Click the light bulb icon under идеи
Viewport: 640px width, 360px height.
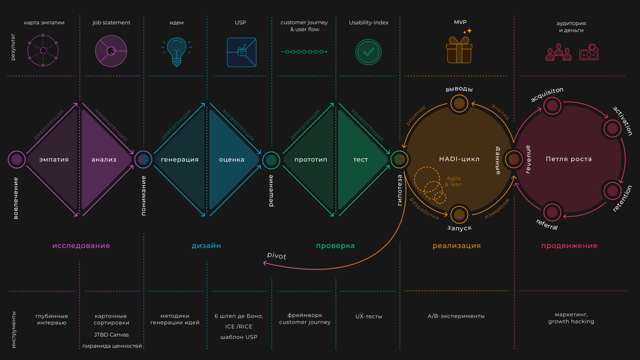coord(177,52)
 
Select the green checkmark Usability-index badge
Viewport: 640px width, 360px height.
coord(368,52)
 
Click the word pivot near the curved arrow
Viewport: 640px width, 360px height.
coord(277,255)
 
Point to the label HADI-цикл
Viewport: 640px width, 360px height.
coord(459,159)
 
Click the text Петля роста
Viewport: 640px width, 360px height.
coord(568,159)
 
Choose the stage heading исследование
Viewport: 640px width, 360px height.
coord(81,246)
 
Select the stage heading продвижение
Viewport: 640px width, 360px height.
coord(569,246)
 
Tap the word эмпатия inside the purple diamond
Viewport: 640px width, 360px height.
coord(54,160)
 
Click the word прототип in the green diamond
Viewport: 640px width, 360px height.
coord(311,160)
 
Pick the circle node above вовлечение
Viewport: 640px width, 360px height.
coord(17,159)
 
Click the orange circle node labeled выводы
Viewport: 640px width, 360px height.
coord(459,104)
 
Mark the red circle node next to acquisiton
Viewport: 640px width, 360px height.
coord(552,106)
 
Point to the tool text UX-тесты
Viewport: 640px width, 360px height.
coord(369,316)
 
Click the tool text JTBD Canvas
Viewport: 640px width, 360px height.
coord(111,334)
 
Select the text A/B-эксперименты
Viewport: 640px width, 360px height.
coord(456,316)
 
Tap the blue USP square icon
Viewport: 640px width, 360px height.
coord(242,52)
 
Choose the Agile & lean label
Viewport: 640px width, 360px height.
coord(453,181)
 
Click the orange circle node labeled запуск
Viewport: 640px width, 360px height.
coord(459,214)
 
